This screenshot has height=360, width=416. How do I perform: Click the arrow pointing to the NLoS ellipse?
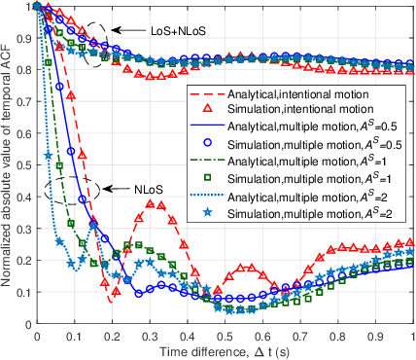[x=115, y=187]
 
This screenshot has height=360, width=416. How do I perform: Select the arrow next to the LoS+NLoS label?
[x=115, y=31]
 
